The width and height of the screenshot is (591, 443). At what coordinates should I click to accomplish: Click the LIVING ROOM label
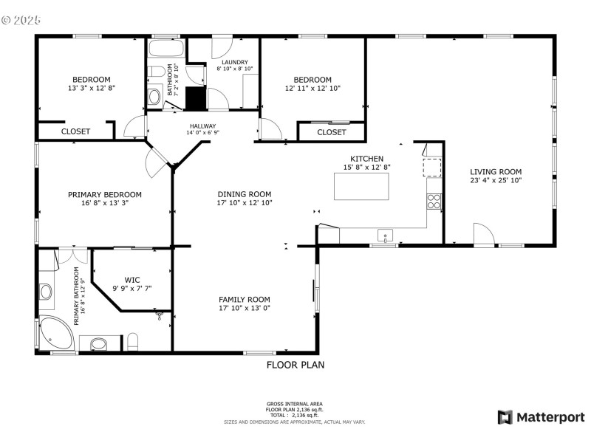tap(496, 172)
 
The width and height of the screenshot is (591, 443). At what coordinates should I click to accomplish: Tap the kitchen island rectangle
tap(361, 187)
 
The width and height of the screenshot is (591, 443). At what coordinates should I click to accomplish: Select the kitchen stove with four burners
tap(433, 199)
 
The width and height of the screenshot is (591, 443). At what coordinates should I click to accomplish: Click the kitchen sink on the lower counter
tap(385, 236)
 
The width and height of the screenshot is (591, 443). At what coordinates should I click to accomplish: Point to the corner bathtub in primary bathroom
tap(55, 333)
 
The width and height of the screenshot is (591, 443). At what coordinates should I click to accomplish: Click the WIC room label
tap(132, 280)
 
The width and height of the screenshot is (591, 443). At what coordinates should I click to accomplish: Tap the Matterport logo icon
tap(505, 417)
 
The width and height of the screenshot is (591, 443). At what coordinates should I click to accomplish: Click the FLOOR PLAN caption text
tap(295, 365)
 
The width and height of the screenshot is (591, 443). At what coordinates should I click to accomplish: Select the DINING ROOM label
tap(244, 193)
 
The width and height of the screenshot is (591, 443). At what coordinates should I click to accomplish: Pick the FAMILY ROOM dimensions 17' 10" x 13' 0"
tap(244, 309)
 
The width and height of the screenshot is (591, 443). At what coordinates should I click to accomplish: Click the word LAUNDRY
tap(233, 62)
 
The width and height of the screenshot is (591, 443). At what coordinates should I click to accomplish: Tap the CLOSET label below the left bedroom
tap(75, 131)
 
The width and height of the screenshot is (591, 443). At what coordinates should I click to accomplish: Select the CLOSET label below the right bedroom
tap(331, 132)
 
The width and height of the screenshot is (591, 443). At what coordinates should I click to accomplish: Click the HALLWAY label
tap(202, 126)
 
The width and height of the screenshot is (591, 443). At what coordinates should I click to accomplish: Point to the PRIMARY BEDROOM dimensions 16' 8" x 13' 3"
tap(104, 204)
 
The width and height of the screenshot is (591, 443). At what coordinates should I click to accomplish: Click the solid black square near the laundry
tap(194, 98)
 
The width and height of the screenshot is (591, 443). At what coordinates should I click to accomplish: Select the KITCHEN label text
tap(366, 159)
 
